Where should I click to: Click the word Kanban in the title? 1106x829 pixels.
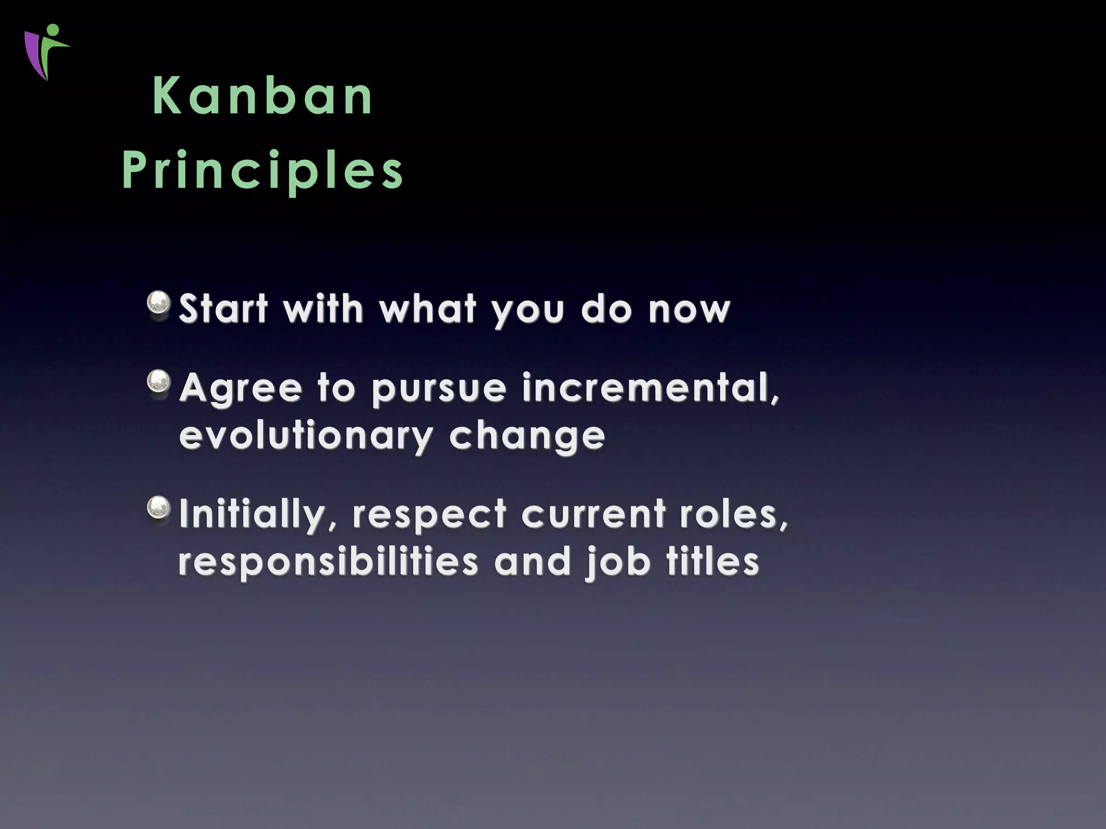263,97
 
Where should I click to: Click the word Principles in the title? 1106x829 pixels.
263,171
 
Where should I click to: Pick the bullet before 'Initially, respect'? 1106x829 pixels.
159,508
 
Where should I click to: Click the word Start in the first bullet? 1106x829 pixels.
223,309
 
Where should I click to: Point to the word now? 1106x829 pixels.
689,310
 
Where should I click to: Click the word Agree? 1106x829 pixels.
240,389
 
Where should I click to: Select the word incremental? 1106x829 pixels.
650,388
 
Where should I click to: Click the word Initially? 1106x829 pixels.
258,514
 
